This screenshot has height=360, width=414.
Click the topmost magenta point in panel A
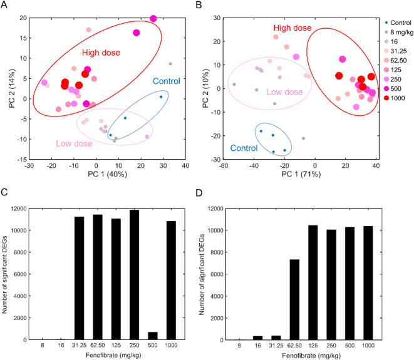153,19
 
